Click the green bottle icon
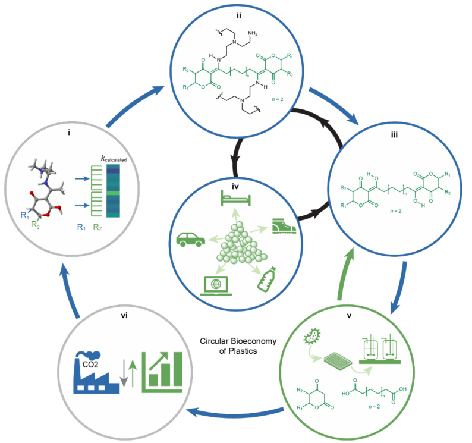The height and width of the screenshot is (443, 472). [265, 279]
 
